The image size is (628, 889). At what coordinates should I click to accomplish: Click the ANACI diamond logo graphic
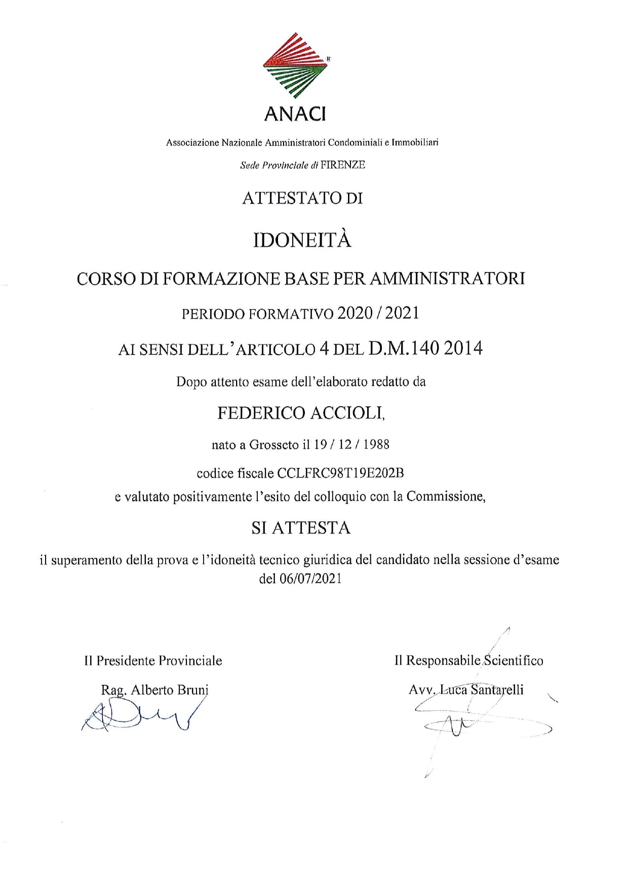pos(295,66)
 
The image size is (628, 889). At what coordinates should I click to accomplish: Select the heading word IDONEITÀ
pos(302,240)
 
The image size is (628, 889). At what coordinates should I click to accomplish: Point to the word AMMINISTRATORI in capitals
pos(448,279)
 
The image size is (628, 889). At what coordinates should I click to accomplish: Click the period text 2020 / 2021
pos(378,314)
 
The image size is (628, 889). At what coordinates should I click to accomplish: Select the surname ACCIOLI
pos(347,413)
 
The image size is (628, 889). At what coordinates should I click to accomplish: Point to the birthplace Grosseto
pos(273,445)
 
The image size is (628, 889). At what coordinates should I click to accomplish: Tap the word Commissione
pos(446,496)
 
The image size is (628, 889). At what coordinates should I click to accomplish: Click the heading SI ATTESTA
pos(301,528)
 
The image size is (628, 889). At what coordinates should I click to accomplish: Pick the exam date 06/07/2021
pos(310,578)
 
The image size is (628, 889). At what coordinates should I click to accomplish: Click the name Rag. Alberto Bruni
pos(154,690)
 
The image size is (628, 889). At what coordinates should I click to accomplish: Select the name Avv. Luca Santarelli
pos(466,690)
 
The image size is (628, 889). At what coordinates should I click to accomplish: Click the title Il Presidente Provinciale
pos(153,661)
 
